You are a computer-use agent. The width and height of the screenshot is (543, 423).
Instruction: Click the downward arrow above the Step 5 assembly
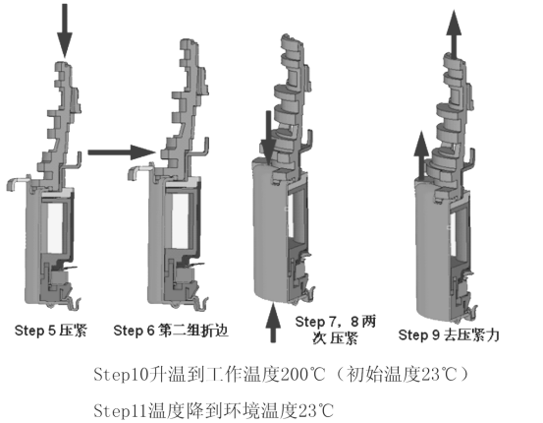pyautogui.click(x=65, y=30)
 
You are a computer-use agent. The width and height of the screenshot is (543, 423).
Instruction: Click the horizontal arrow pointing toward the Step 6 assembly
pyautogui.click(x=122, y=152)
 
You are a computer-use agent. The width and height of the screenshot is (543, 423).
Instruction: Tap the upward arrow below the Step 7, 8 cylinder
pyautogui.click(x=273, y=323)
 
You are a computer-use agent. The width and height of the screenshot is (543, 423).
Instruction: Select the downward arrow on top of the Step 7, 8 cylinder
pyautogui.click(x=268, y=138)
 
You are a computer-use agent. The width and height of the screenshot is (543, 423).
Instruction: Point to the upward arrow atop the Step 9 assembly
pyautogui.click(x=454, y=34)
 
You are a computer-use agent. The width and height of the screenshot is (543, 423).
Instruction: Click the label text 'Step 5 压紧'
pyautogui.click(x=50, y=331)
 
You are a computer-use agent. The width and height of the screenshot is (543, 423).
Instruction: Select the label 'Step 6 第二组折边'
pyautogui.click(x=171, y=331)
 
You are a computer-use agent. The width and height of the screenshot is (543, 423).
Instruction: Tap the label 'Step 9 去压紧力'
pyautogui.click(x=449, y=334)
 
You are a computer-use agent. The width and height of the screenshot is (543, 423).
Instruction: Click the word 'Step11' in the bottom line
pyautogui.click(x=121, y=410)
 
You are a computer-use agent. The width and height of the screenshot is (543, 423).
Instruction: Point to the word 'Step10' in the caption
pyautogui.click(x=122, y=374)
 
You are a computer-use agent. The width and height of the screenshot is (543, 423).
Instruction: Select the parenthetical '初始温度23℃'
pyautogui.click(x=402, y=374)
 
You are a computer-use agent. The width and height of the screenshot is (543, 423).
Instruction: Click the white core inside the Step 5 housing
pyautogui.click(x=55, y=228)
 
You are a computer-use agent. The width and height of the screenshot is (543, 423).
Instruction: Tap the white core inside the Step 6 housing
pyautogui.click(x=180, y=220)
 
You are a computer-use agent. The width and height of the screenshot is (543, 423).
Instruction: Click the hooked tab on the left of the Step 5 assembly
pyautogui.click(x=18, y=182)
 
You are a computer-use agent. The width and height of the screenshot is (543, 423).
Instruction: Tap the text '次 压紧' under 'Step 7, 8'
pyautogui.click(x=335, y=338)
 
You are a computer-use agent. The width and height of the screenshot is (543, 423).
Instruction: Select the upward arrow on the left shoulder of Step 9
pyautogui.click(x=421, y=155)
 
